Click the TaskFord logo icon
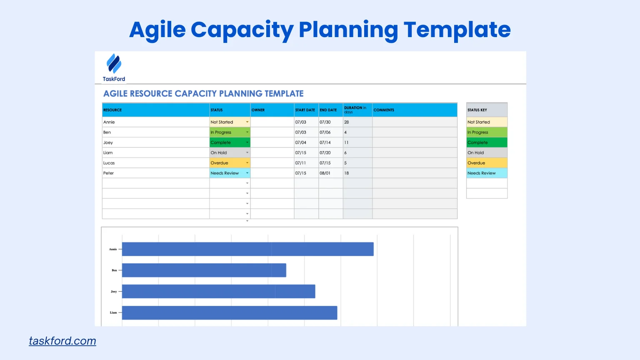point(114,63)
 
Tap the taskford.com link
point(62,341)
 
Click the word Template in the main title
point(457,30)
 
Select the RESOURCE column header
point(112,110)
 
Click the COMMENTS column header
point(384,110)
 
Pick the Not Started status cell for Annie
point(227,122)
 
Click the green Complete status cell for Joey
point(227,142)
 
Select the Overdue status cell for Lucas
point(227,163)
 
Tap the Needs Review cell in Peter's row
point(227,173)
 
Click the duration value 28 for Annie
point(347,122)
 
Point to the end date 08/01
point(325,173)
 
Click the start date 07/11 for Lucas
point(300,163)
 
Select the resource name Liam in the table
point(108,152)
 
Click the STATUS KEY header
point(477,110)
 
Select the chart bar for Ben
point(204,270)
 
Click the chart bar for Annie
point(247,249)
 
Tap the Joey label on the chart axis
point(114,292)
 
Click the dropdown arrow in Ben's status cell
point(247,132)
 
